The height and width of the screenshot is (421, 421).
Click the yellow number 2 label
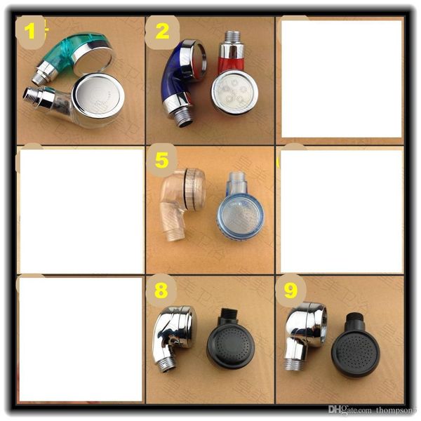click(161, 30)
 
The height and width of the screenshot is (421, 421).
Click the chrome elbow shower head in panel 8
click(173, 333)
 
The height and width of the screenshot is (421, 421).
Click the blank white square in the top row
click(340, 78)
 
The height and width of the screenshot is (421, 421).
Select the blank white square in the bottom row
click(80, 340)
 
